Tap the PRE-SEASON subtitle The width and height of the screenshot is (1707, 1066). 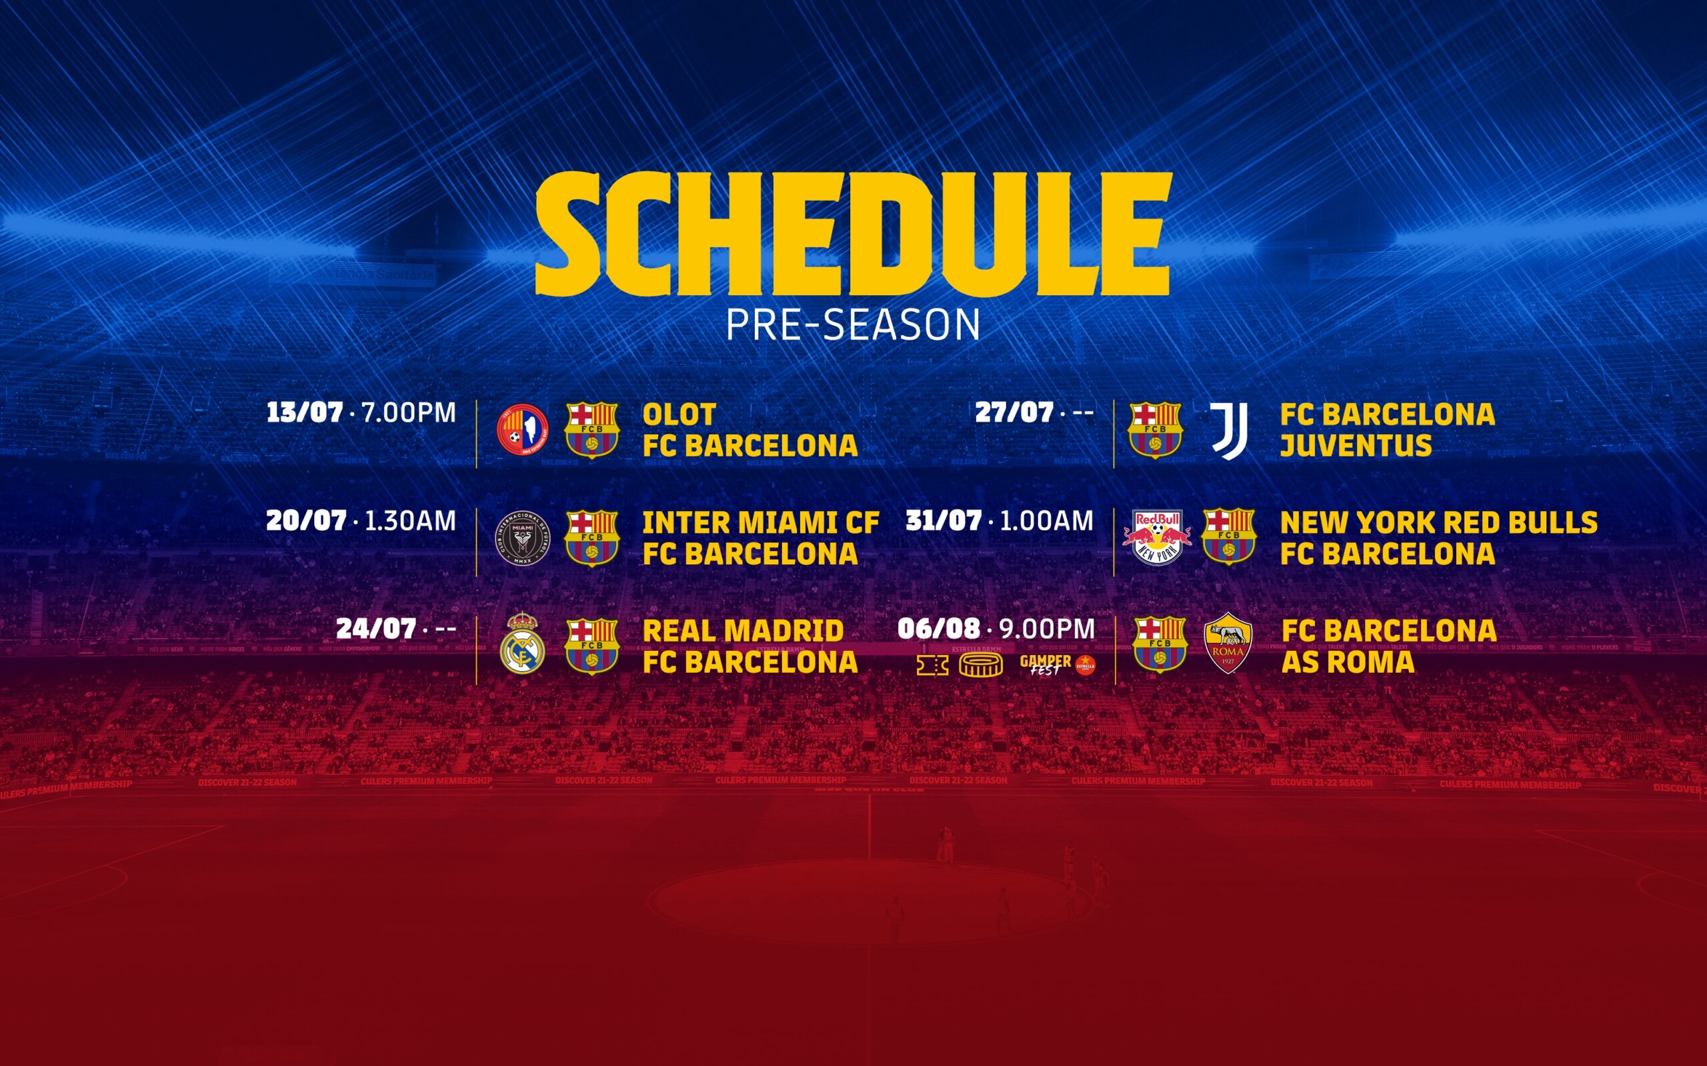pyautogui.click(x=853, y=325)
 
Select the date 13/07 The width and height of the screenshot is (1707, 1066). pyautogui.click(x=305, y=412)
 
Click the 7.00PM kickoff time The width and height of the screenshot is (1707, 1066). pyautogui.click(x=408, y=413)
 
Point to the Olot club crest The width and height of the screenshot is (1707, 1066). pyautogui.click(x=522, y=429)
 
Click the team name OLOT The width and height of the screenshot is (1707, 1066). pyautogui.click(x=679, y=414)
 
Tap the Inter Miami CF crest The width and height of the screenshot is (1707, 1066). pyautogui.click(x=522, y=538)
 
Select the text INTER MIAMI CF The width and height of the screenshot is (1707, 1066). pyautogui.click(x=760, y=523)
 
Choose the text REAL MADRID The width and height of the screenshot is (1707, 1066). pyautogui.click(x=743, y=631)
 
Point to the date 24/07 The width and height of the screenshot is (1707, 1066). pyautogui.click(x=375, y=629)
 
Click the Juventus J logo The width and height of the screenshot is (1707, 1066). pyautogui.click(x=1229, y=431)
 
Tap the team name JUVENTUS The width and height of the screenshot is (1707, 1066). pyautogui.click(x=1356, y=446)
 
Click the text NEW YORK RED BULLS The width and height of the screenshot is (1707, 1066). pyautogui.click(x=1438, y=523)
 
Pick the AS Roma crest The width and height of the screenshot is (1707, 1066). pyautogui.click(x=1228, y=643)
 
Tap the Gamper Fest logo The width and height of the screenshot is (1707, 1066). pyautogui.click(x=1048, y=665)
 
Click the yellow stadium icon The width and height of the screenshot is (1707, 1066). pyautogui.click(x=980, y=665)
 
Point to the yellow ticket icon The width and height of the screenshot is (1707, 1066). pyautogui.click(x=932, y=665)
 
